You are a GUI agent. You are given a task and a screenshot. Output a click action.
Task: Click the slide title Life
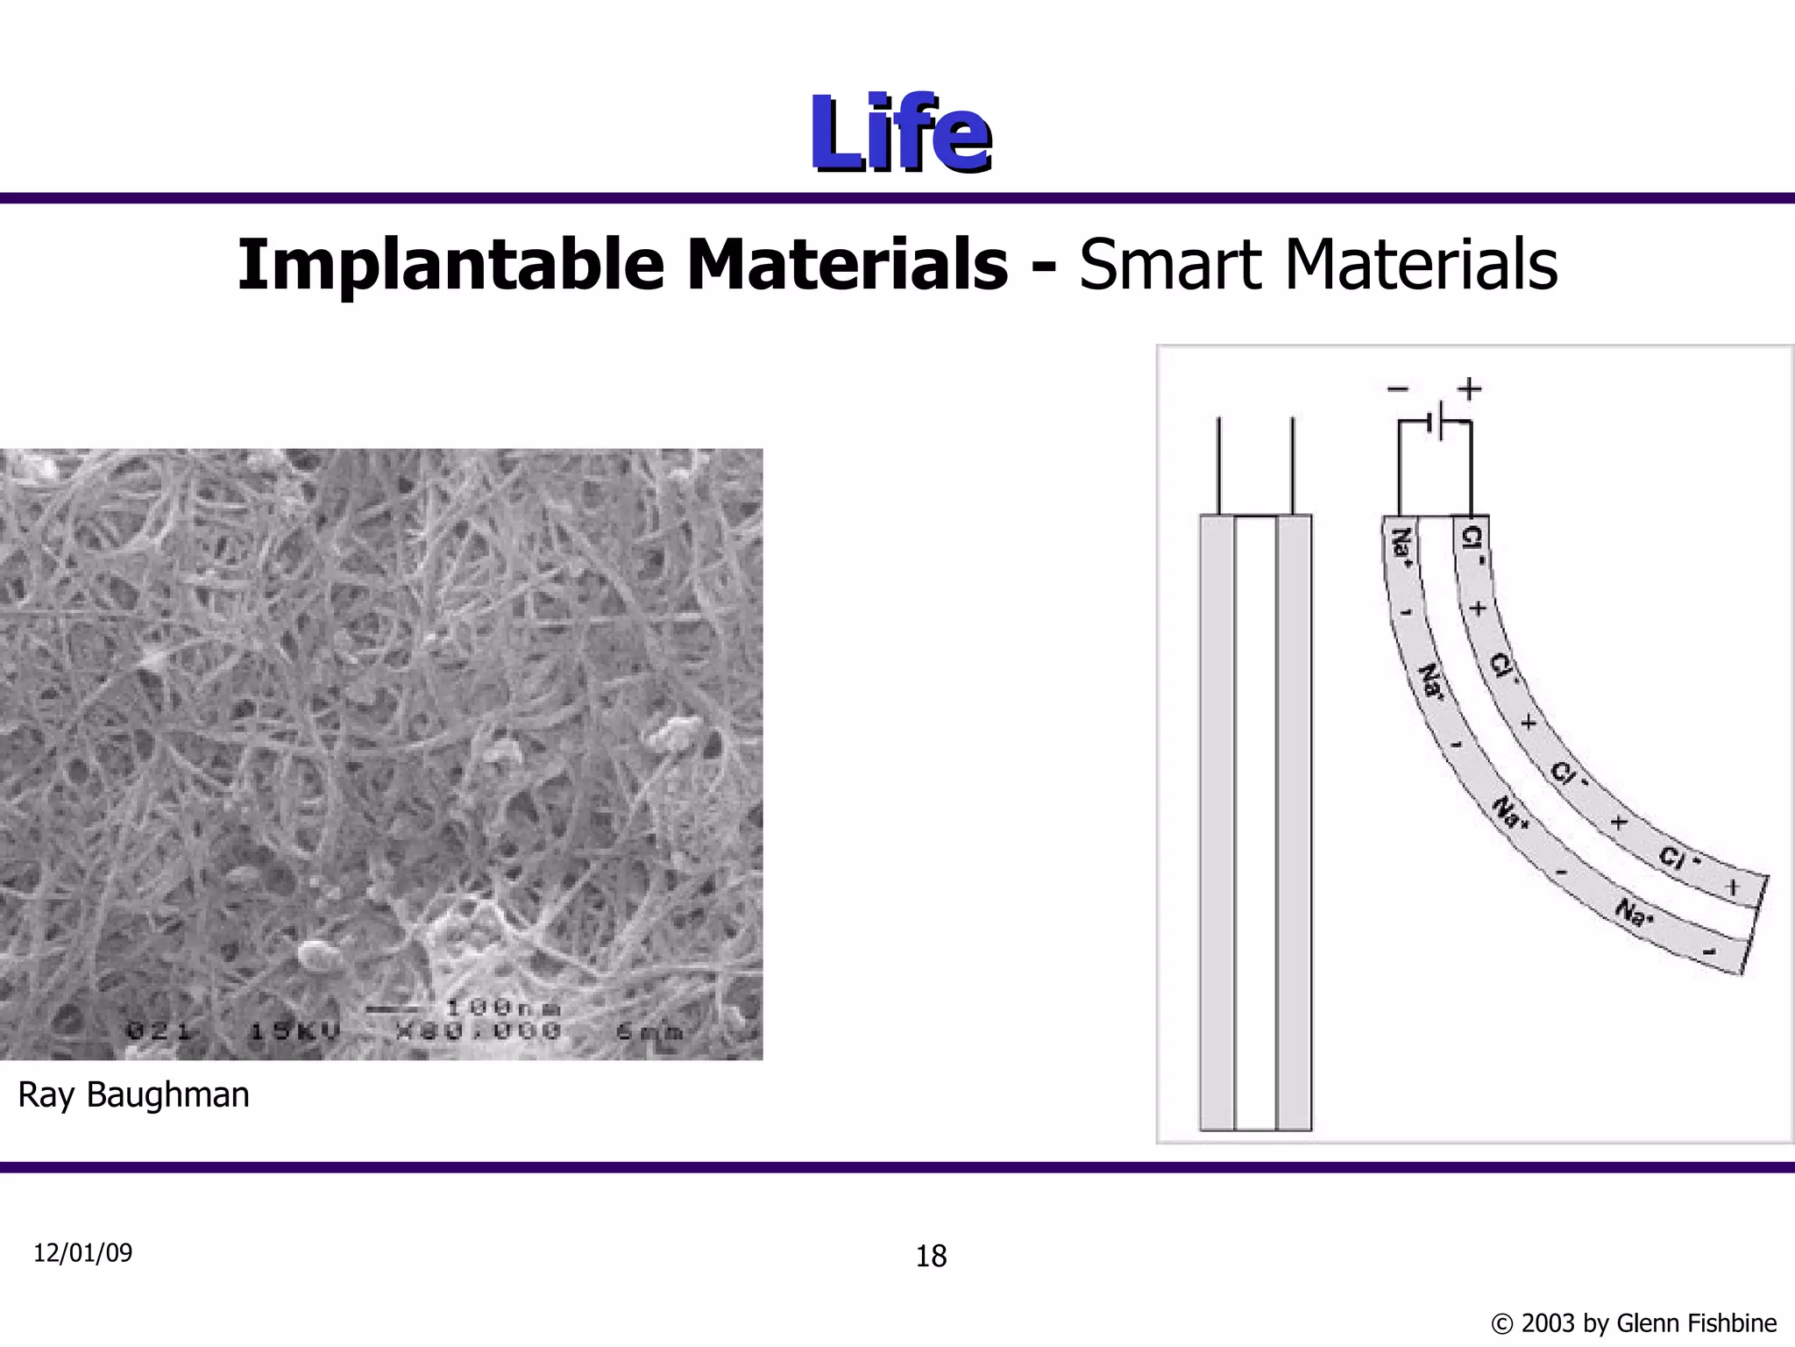click(x=900, y=132)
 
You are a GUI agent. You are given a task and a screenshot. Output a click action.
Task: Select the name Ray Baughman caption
click(x=133, y=1094)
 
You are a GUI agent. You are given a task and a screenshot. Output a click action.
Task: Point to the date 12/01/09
click(x=82, y=1253)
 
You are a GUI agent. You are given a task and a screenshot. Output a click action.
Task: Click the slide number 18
click(x=931, y=1257)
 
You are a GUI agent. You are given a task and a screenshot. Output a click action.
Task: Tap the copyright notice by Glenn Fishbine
click(x=1633, y=1322)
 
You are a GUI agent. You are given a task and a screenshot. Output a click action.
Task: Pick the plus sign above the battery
click(x=1470, y=388)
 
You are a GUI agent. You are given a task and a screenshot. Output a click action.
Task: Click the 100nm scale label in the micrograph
click(x=504, y=1007)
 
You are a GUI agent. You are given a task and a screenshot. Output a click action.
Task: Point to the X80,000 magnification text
click(x=478, y=1031)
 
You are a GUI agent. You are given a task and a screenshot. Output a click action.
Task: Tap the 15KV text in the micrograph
click(x=294, y=1031)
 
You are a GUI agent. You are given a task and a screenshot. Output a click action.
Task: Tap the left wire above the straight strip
click(x=1218, y=465)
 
